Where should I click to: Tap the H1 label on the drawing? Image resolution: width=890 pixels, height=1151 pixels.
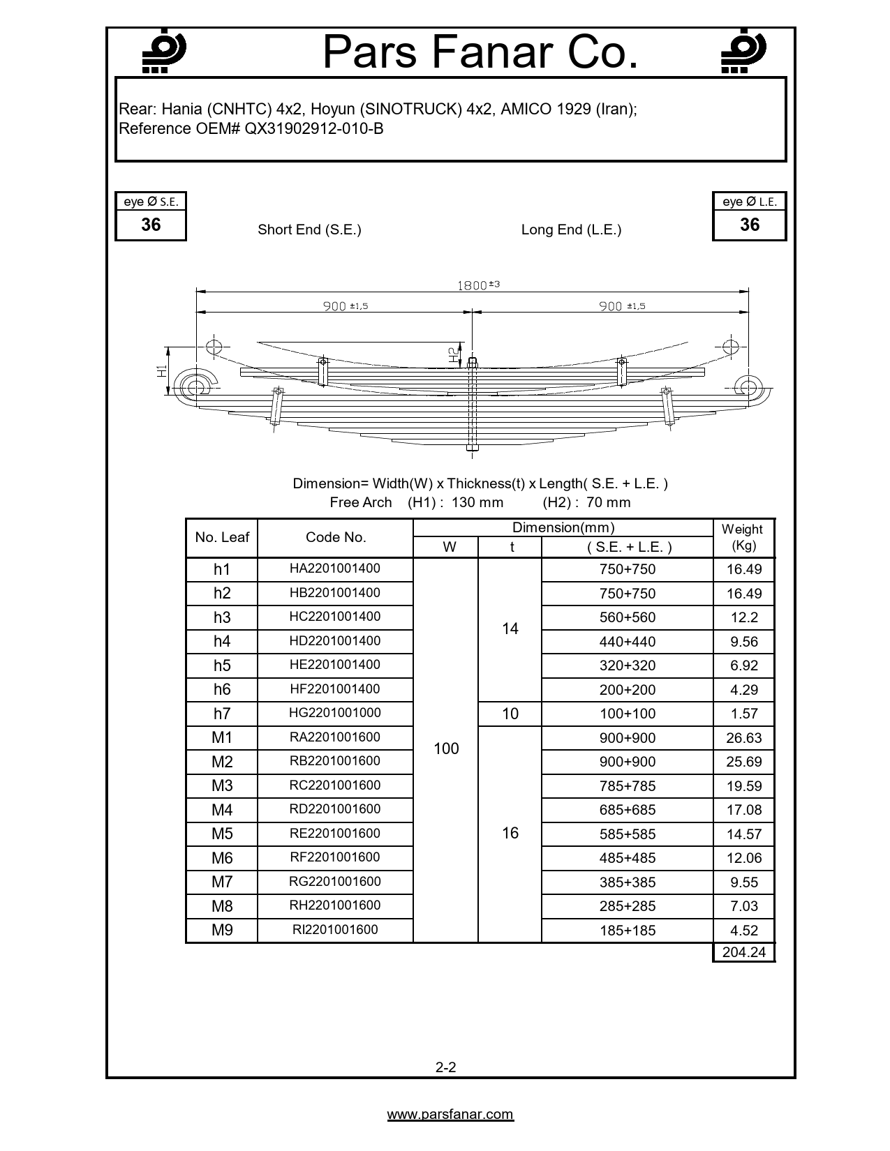click(x=162, y=371)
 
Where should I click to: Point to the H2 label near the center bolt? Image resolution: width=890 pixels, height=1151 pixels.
click(x=454, y=354)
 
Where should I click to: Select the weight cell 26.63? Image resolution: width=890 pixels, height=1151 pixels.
click(x=743, y=738)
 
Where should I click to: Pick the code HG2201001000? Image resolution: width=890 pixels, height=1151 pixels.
click(x=335, y=713)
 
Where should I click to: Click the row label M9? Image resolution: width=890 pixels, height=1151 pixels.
click(x=222, y=930)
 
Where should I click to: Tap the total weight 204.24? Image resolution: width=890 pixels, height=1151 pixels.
click(x=743, y=952)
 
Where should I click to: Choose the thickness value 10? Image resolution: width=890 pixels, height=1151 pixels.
click(x=510, y=714)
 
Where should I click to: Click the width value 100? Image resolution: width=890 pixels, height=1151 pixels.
click(x=446, y=748)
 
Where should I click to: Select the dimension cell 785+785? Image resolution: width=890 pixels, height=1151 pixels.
click(x=628, y=786)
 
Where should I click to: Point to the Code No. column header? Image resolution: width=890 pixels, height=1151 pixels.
click(x=336, y=537)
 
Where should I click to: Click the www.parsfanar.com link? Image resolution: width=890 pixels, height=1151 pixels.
click(x=450, y=1115)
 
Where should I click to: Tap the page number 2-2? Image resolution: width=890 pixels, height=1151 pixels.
click(x=446, y=1067)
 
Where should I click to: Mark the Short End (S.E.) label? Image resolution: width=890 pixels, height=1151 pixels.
click(x=309, y=230)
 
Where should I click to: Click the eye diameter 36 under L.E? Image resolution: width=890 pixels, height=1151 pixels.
click(x=749, y=225)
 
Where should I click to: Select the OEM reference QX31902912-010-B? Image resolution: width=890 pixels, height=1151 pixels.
click(x=313, y=128)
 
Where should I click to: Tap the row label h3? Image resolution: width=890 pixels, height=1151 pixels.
click(x=222, y=617)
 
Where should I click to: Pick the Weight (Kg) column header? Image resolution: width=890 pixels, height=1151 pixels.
click(x=743, y=537)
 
